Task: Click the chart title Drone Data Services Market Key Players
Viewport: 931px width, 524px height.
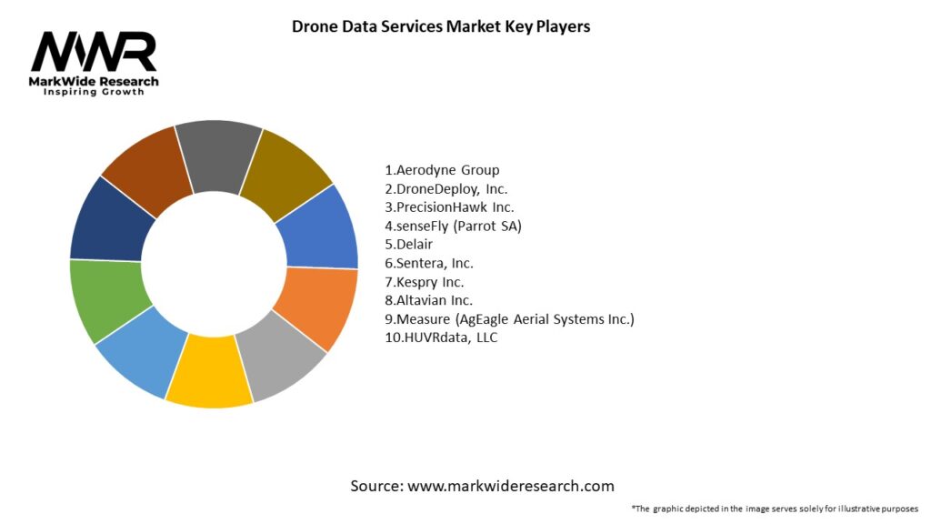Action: (441, 26)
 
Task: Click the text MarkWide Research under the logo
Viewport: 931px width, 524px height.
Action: (94, 82)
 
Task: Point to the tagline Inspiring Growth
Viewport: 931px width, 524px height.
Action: (94, 93)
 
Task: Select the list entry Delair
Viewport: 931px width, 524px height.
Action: (409, 245)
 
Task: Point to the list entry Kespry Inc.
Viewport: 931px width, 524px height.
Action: (424, 282)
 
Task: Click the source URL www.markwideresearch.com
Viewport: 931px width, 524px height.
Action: (510, 486)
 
